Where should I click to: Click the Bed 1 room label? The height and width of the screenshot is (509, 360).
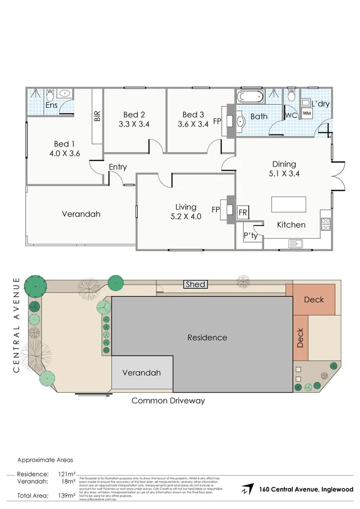(62, 144)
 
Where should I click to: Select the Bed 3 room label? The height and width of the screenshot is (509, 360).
(193, 115)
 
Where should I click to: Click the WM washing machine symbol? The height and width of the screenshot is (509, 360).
(307, 114)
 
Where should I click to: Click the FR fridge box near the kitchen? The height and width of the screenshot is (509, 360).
(243, 213)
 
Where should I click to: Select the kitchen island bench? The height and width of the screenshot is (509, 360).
(288, 205)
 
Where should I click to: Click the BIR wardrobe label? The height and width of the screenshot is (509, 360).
(97, 117)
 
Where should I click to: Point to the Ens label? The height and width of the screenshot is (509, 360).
(52, 105)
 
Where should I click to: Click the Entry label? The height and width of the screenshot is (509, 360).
(118, 167)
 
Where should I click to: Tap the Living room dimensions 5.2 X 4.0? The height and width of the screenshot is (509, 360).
(186, 217)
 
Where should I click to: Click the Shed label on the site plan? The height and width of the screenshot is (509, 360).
(195, 284)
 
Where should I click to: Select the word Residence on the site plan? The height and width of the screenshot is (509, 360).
(207, 338)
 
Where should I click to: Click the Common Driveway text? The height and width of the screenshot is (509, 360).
(168, 400)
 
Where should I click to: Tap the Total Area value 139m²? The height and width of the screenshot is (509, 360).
(67, 495)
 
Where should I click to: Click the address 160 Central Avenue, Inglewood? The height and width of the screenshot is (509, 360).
(306, 490)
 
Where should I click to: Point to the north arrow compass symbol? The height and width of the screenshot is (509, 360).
(247, 489)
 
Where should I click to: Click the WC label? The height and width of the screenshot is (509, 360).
(292, 116)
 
